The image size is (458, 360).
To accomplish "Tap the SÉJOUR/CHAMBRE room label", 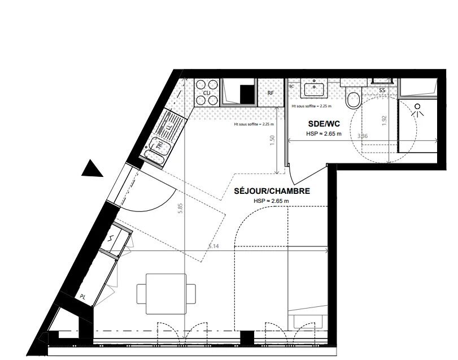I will (272, 192).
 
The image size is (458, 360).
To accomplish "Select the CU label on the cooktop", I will (207, 93).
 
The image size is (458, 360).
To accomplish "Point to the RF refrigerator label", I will (271, 93).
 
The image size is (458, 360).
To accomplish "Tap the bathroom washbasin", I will (312, 89).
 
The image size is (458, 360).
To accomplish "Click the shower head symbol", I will (418, 109).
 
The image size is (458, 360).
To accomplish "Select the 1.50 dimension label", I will (272, 141).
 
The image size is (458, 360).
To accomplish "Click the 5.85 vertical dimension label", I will (180, 207).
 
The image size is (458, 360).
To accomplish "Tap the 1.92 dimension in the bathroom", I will (383, 121).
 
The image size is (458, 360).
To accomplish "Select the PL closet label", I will (82, 295).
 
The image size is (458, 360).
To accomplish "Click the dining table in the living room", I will (166, 294).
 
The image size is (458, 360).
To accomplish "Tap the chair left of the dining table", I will (141, 294).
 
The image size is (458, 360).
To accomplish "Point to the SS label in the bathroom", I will (382, 90).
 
